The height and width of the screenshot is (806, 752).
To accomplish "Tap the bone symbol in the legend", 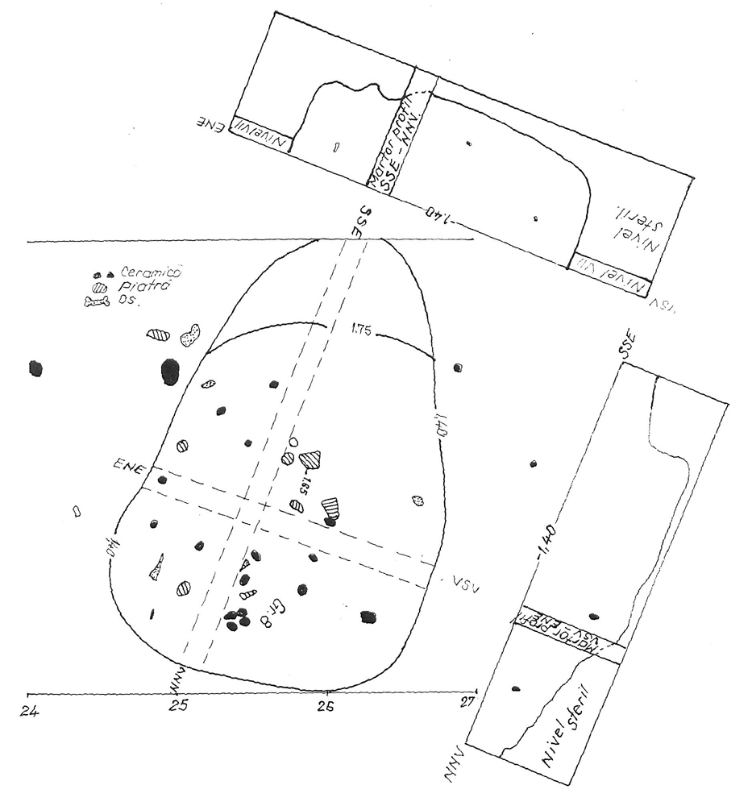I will point(97,302).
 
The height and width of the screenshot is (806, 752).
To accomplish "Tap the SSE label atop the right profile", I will point(629,346).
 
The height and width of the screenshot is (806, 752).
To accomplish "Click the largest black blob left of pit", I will point(170,372).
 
